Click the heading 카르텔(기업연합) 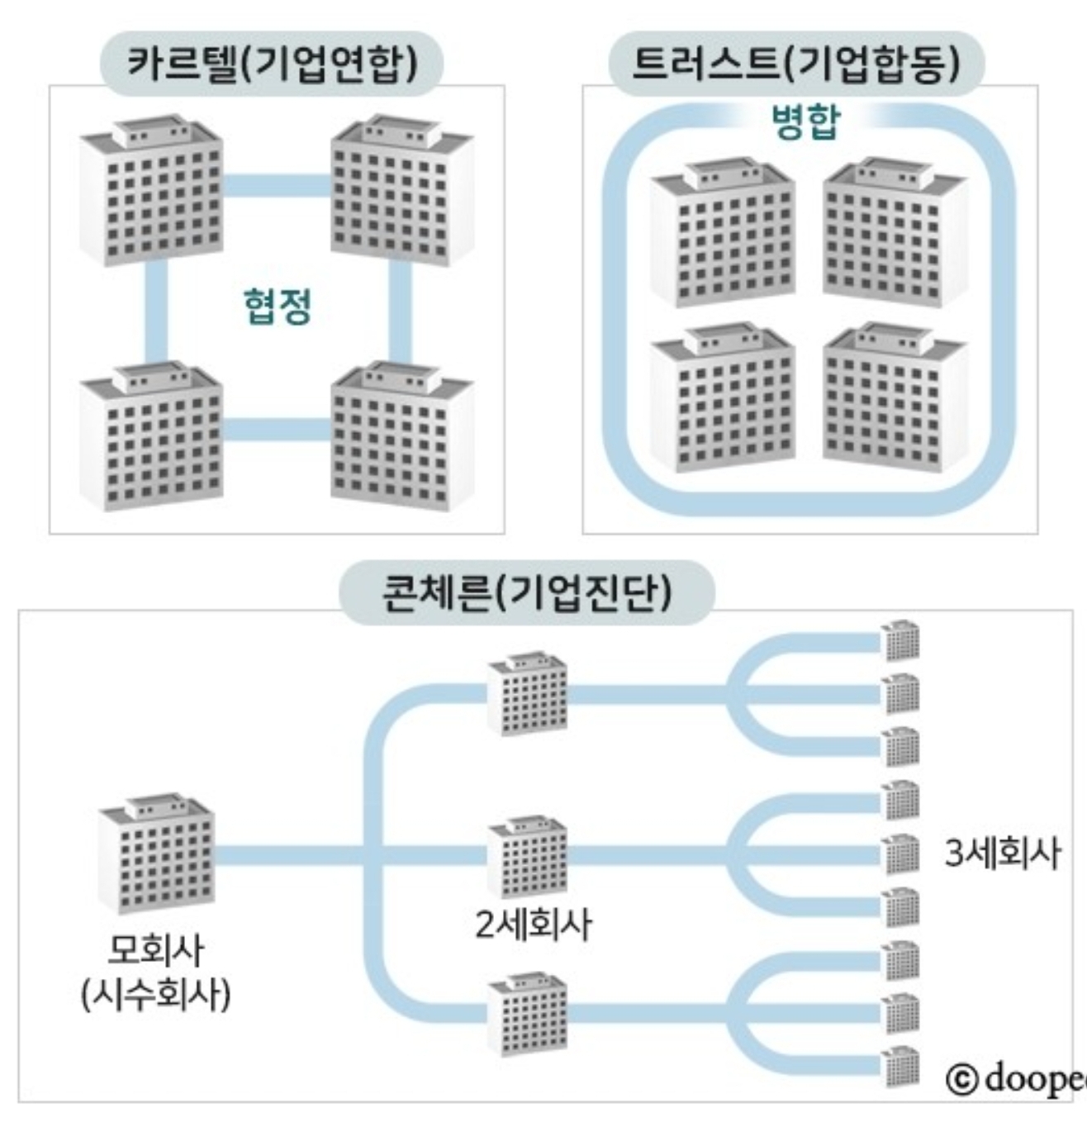272,64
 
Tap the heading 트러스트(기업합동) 796,64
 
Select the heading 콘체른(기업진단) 526,592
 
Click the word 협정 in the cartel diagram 278,306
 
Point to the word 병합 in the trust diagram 805,123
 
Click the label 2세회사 533,924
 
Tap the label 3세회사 1002,853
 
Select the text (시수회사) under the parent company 156,993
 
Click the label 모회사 156,950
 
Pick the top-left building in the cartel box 152,190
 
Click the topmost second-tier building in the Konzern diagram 527,693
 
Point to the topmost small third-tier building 900,640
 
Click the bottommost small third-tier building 900,1066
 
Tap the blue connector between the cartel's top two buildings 277,185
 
